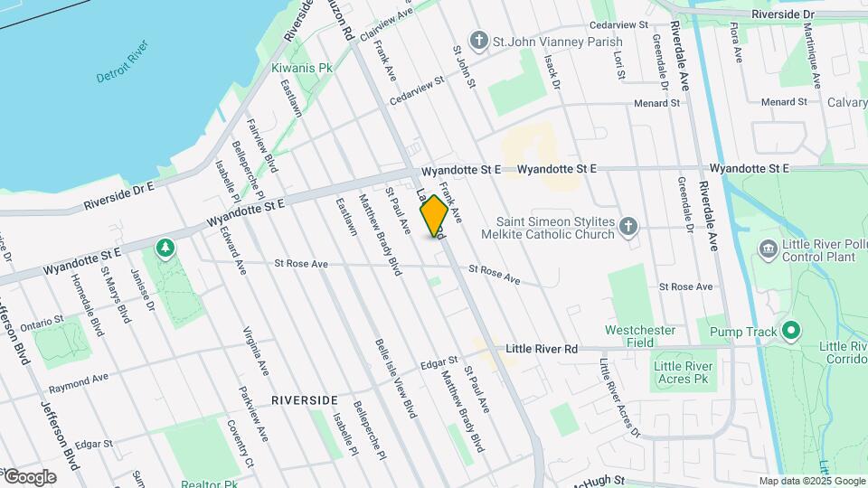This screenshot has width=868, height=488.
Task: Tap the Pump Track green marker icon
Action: point(791,332)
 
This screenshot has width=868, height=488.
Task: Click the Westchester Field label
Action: point(640,336)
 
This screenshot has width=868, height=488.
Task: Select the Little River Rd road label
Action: point(542,349)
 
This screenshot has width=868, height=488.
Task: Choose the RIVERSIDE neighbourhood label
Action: point(304,399)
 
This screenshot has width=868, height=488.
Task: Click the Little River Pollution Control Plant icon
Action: point(769,249)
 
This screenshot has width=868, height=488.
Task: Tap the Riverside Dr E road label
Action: point(120,194)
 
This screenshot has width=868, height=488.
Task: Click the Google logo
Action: point(29,477)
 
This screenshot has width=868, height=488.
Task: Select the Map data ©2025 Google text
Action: point(811,481)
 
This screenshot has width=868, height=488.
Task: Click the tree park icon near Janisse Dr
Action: point(165,247)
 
